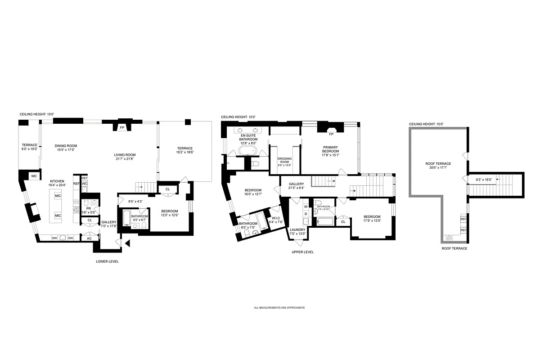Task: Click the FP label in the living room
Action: (x=121, y=128)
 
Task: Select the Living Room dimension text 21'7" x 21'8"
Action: (x=125, y=159)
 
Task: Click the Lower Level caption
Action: (x=107, y=261)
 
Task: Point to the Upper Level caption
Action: (x=302, y=252)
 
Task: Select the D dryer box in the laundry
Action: (x=306, y=214)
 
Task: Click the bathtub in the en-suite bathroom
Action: (x=246, y=150)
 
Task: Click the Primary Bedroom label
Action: (x=330, y=149)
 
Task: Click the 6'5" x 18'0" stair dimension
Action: (x=484, y=180)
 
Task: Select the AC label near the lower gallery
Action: (x=89, y=238)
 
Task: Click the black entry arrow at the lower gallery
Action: (x=128, y=244)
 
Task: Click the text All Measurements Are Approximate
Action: (x=279, y=308)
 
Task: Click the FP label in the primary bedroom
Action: (x=331, y=134)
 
